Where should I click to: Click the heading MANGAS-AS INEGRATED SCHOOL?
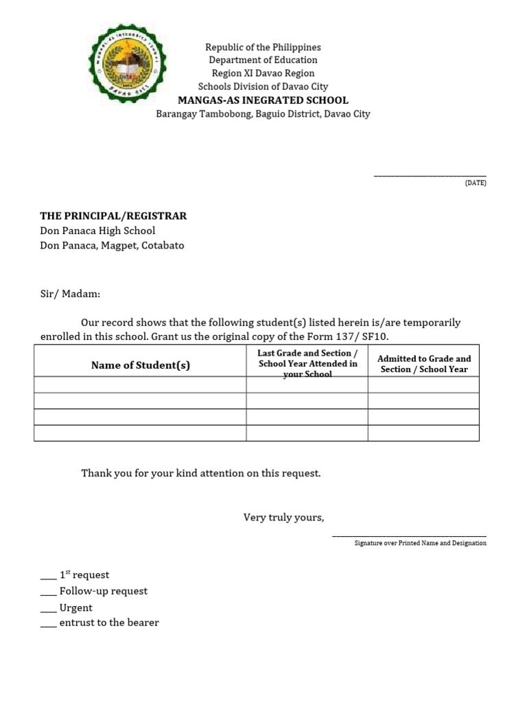coord(263,100)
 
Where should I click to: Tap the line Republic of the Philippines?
coord(263,47)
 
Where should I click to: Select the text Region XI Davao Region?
coord(263,73)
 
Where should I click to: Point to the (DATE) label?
coord(476,183)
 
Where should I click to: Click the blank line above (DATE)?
coord(430,176)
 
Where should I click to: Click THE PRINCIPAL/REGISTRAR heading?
coord(113,216)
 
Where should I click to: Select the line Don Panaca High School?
coord(97,231)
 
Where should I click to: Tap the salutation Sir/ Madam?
coord(70,294)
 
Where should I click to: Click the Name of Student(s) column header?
coord(140,365)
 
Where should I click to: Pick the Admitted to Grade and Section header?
coord(424,364)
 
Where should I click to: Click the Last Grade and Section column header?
coord(307,363)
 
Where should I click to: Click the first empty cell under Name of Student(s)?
coord(140,384)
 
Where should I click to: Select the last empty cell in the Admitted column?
coord(423,433)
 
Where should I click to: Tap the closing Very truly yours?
coord(283,517)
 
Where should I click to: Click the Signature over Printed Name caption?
coord(420,543)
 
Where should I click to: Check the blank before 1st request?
coord(48,575)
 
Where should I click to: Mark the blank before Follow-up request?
coord(48,592)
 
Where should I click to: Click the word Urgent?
coord(75,608)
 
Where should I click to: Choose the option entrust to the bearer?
coord(109,623)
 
